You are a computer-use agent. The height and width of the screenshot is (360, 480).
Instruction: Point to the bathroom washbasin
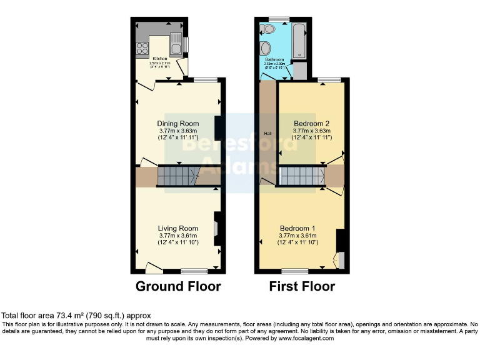point(266,49)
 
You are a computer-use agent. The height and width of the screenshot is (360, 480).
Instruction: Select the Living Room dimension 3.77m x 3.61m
point(178,235)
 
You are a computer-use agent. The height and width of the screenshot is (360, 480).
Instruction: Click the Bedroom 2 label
point(311,124)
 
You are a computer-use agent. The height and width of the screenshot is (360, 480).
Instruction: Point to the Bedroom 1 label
point(297,227)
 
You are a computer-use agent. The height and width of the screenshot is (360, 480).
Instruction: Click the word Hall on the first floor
point(267,133)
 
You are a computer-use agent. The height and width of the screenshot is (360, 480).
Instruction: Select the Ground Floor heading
point(178,287)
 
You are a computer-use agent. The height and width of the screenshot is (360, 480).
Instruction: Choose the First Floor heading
point(302,287)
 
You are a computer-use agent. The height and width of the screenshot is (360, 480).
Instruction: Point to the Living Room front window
point(194,271)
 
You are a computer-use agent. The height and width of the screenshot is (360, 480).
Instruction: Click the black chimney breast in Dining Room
point(217,129)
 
